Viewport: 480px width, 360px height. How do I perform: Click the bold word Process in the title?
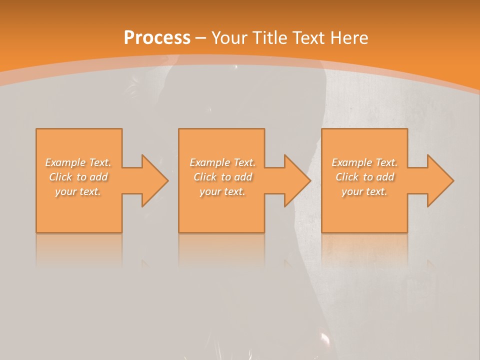[157, 38]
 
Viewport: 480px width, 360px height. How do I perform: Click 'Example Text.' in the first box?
[78, 162]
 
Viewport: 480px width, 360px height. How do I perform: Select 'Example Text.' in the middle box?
[222, 162]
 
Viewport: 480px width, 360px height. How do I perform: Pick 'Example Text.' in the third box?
[364, 162]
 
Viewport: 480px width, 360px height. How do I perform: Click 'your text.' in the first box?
[78, 191]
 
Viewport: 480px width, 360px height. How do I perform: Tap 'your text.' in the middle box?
[222, 191]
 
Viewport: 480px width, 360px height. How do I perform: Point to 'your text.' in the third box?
[364, 191]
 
